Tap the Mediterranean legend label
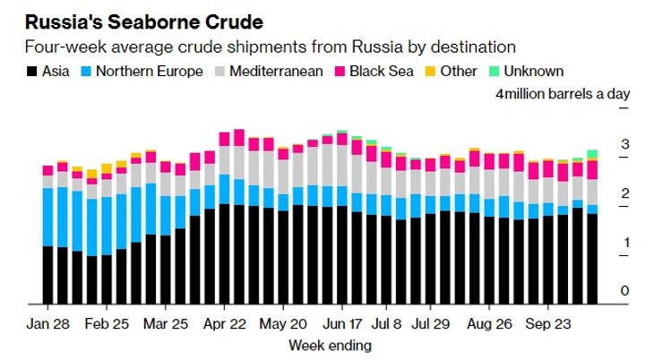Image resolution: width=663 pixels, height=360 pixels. point(272,71)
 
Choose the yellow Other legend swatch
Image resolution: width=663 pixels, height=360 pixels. point(436,71)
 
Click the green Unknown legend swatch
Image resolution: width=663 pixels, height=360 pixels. point(494,71)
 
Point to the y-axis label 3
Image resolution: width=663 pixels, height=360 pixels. point(625,144)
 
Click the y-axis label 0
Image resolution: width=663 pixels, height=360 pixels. point(625,291)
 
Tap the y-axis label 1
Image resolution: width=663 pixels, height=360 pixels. point(625,243)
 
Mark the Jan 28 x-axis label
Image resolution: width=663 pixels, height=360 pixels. point(47,321)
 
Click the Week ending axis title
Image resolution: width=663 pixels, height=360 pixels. point(329,345)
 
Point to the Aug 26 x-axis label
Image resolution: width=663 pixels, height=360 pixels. point(488,321)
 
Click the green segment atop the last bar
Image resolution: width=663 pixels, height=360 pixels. point(592,154)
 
